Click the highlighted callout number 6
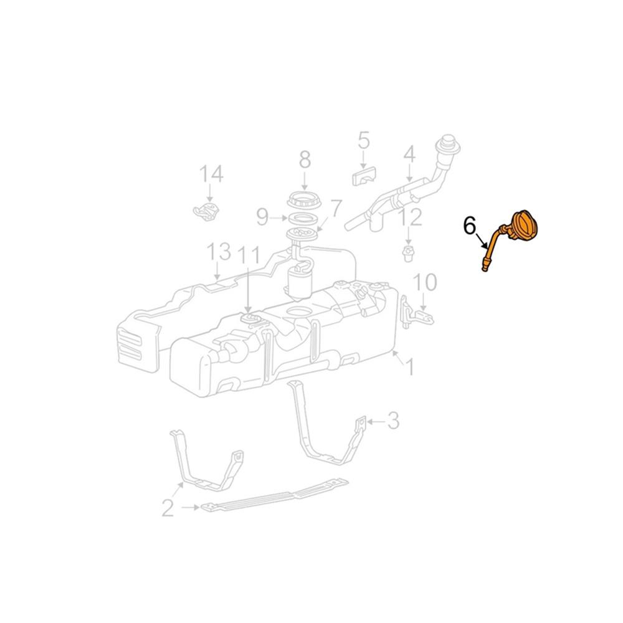(470, 225)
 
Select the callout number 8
(305, 160)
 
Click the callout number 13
(219, 252)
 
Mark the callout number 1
(410, 368)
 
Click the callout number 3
(392, 422)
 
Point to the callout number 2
(168, 508)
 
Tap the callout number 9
(262, 217)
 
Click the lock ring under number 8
(305, 201)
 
